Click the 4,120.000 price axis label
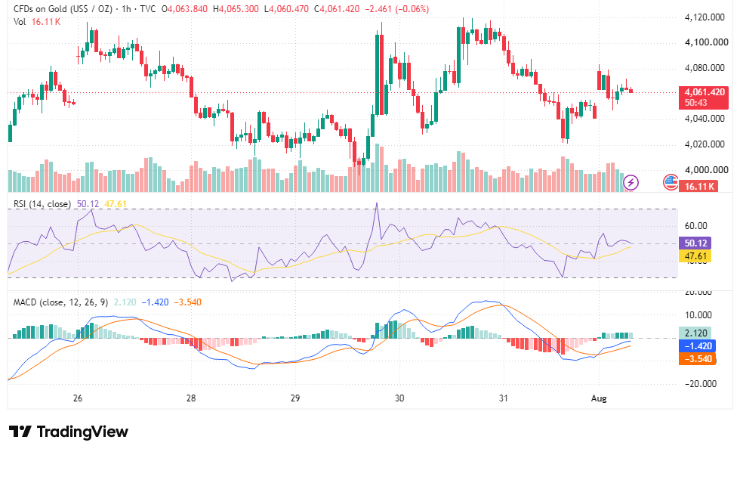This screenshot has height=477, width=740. (x=705, y=17)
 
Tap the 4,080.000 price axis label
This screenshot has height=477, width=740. (x=705, y=68)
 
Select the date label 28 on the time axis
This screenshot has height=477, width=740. (x=190, y=398)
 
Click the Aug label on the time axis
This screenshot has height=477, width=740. (x=599, y=398)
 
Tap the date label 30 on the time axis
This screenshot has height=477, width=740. (x=399, y=398)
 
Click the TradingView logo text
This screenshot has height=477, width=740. (x=69, y=432)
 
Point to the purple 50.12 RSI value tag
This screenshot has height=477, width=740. (x=695, y=243)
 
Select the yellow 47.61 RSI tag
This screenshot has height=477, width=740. (x=695, y=256)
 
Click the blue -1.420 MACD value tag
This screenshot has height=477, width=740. (x=697, y=346)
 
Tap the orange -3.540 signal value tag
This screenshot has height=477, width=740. (x=697, y=359)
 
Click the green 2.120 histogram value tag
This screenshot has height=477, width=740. (x=695, y=333)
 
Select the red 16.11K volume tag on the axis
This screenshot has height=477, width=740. (x=698, y=186)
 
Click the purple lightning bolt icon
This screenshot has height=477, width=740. (x=631, y=182)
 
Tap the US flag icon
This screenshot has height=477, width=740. (x=671, y=182)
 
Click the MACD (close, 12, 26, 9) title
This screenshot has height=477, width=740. (x=61, y=302)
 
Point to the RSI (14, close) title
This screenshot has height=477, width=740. (x=42, y=204)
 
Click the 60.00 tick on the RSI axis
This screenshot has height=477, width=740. (x=696, y=226)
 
